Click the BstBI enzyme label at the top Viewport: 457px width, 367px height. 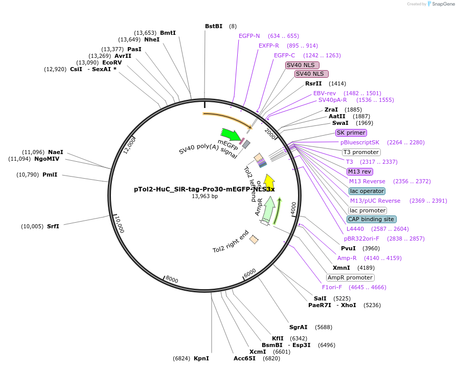tap(214, 26)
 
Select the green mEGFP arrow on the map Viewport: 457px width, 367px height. tap(231, 135)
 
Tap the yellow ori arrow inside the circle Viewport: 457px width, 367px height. tap(269, 182)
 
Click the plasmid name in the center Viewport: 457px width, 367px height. tap(204, 189)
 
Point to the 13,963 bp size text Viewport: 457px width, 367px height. tap(204, 196)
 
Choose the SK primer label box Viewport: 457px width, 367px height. tap(351, 133)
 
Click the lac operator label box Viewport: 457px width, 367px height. tap(367, 191)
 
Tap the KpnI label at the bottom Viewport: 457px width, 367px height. tap(201, 358)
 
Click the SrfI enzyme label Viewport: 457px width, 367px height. tap(53, 226)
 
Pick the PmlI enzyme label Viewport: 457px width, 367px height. tap(50, 175)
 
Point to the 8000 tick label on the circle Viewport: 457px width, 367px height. tap(171, 279)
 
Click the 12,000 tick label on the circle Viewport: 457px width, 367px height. tap(129, 145)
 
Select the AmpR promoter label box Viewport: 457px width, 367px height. tap(351, 277)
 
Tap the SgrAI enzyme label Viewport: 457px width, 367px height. tap(299, 327)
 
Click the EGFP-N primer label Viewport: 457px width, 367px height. tap(249, 36)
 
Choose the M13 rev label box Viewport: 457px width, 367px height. tap(360, 171)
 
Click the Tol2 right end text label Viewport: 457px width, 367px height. tap(231, 242)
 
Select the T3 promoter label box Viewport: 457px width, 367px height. tap(361, 152)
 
